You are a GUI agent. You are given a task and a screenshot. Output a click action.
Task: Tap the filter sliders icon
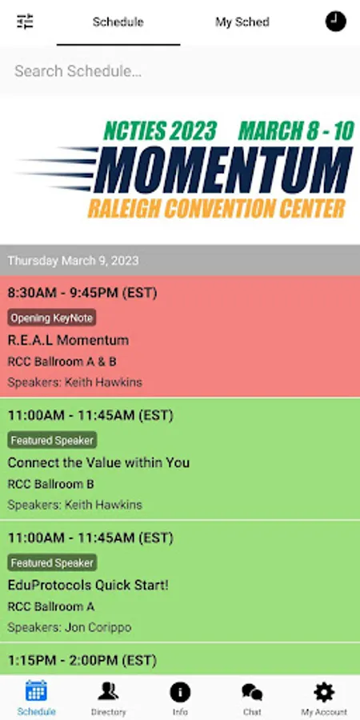click(x=26, y=22)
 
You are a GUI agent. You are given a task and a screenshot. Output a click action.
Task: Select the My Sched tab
click(x=242, y=22)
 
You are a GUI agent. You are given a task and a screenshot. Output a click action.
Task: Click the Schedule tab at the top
click(x=118, y=22)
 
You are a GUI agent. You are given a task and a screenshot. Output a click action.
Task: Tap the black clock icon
click(x=336, y=22)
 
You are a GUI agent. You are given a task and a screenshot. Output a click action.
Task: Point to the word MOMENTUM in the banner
click(x=223, y=170)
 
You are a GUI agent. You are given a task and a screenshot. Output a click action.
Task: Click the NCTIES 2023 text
click(x=160, y=131)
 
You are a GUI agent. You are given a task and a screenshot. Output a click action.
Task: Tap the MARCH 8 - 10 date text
click(x=296, y=131)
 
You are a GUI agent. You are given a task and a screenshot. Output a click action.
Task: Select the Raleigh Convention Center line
click(x=216, y=209)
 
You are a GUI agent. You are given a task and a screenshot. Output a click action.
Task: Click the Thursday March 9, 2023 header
click(x=73, y=260)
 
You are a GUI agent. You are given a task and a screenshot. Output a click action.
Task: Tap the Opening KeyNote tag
click(x=52, y=318)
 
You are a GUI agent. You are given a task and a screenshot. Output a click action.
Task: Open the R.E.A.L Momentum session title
click(x=69, y=340)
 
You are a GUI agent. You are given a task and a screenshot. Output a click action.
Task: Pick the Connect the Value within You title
click(x=98, y=462)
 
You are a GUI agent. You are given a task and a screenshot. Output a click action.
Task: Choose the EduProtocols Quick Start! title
click(x=88, y=585)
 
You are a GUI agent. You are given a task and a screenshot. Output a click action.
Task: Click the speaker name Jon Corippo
click(x=98, y=627)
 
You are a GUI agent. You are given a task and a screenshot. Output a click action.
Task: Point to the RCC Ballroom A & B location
click(x=62, y=362)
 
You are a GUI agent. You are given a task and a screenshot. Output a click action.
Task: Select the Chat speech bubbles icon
click(x=252, y=692)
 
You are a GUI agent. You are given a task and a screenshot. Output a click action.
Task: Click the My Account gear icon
click(x=324, y=692)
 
